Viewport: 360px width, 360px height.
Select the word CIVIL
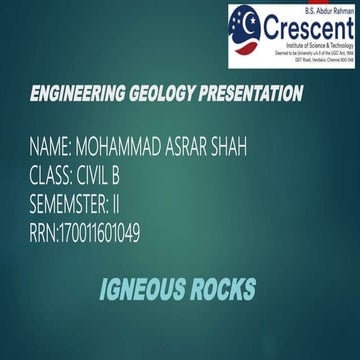96,177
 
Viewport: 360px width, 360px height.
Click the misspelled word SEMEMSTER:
79,206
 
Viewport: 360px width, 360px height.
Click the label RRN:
45,234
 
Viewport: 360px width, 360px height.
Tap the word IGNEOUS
142,291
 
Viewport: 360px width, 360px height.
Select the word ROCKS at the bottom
222,291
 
